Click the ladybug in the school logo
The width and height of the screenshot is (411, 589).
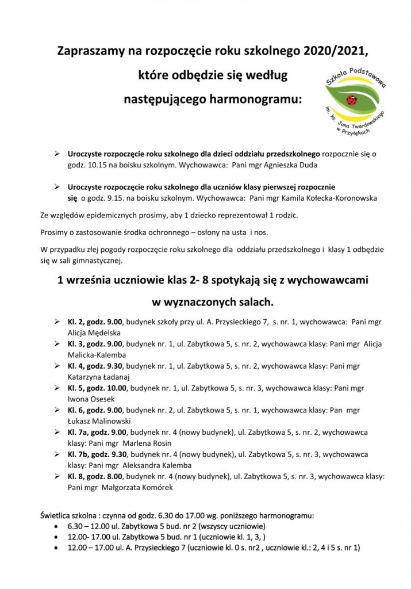click(x=352, y=100)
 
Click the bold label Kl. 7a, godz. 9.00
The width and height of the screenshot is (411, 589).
click(x=99, y=431)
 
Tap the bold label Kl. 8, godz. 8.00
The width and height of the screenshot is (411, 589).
click(x=97, y=476)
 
